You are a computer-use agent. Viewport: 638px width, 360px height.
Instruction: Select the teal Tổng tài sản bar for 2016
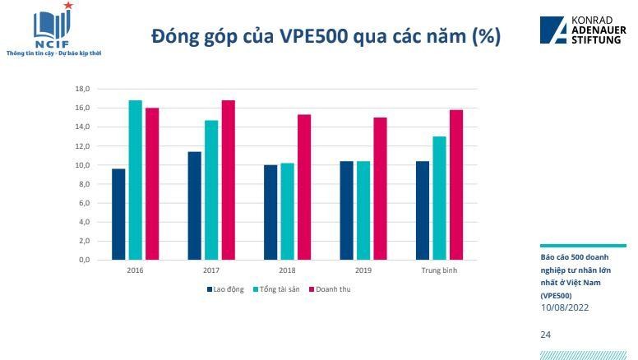(x=135, y=180)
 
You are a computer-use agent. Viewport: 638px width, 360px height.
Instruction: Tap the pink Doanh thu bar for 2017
(x=229, y=180)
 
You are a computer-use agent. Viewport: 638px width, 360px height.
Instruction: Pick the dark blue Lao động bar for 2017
(x=195, y=205)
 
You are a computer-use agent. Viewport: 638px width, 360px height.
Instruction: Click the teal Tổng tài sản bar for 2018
(x=287, y=211)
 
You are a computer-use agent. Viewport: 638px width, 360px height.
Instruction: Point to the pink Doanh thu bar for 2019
(x=380, y=188)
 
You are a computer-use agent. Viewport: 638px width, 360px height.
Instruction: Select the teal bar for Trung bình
(x=439, y=198)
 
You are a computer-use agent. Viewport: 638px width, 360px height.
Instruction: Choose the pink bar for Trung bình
(x=455, y=185)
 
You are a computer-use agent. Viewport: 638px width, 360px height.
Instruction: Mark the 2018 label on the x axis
(x=287, y=270)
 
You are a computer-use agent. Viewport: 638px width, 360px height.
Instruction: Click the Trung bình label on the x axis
(x=439, y=270)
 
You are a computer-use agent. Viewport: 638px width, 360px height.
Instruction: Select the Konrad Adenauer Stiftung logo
(x=580, y=30)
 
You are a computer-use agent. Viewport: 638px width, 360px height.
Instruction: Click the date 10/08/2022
(x=564, y=307)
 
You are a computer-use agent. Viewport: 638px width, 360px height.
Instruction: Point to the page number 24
(x=546, y=335)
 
